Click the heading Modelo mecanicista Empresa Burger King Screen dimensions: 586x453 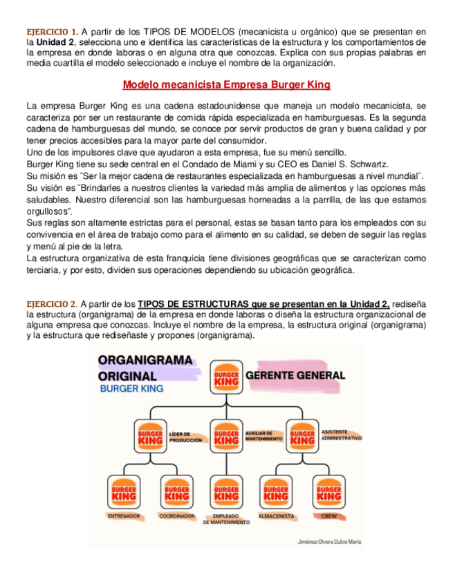click(226, 85)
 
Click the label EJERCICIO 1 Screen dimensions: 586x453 click(52, 32)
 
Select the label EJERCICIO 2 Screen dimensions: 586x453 click(52, 303)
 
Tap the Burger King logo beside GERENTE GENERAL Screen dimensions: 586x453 click(226, 377)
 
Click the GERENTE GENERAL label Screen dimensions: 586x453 click(295, 375)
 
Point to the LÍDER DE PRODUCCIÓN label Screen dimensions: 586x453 click(185, 437)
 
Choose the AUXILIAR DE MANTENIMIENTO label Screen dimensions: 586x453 click(264, 437)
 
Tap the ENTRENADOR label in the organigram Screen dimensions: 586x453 click(124, 516)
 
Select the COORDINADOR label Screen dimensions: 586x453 click(176, 516)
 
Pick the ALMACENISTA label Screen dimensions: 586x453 click(277, 516)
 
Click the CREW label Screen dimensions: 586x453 click(328, 516)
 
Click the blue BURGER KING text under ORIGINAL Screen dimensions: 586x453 click(132, 389)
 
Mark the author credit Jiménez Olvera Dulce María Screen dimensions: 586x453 click(329, 542)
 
